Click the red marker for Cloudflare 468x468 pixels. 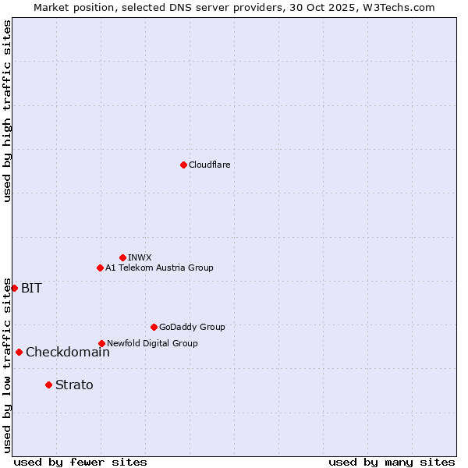coord(183,165)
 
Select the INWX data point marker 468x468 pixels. coord(122,257)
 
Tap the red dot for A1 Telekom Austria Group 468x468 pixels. coord(100,268)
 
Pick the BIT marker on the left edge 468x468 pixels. coord(14,288)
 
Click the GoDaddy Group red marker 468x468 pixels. coord(154,327)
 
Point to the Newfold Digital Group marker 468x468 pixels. coord(101,343)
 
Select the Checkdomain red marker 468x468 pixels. coord(19,352)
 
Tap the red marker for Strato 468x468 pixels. coord(48,385)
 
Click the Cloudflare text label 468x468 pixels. coord(209,165)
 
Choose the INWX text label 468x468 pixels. coord(140,257)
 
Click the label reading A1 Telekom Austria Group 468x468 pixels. coord(159,268)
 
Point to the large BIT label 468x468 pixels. coord(31,288)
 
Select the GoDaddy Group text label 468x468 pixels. coord(192,327)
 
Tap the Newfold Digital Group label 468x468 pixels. coord(152,343)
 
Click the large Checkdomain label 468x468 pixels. coord(68,352)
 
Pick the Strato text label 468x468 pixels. coord(74,385)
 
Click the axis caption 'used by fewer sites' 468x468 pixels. coord(80,462)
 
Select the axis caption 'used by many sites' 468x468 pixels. coord(392,462)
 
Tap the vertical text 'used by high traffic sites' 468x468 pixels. coord(7,111)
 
